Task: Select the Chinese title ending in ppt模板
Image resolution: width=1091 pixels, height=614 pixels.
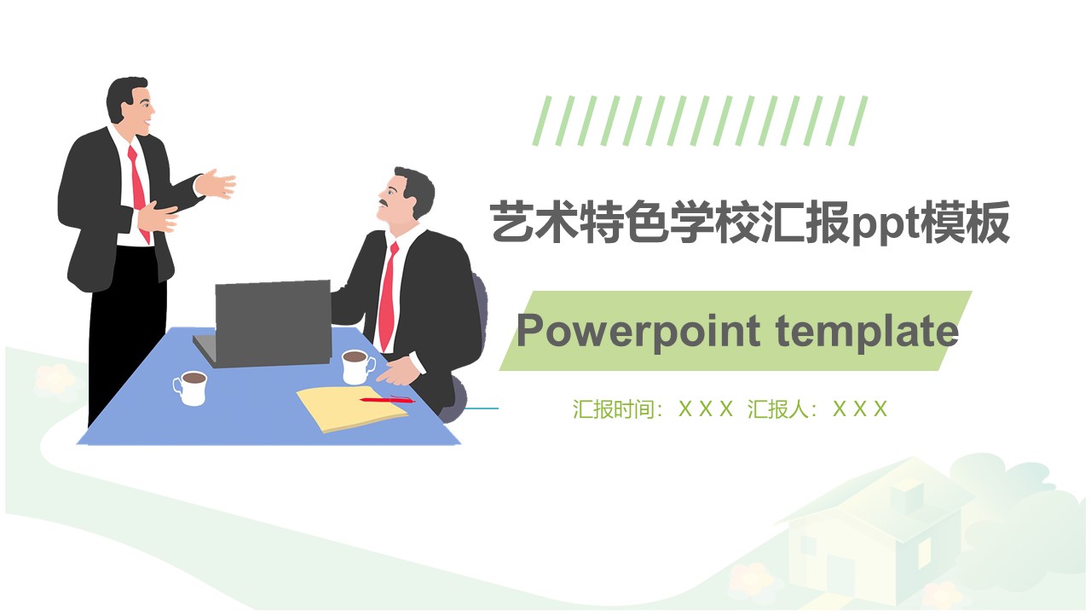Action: click(750, 223)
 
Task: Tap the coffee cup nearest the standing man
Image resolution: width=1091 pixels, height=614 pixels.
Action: click(191, 387)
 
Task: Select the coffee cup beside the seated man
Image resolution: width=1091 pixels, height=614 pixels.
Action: click(356, 367)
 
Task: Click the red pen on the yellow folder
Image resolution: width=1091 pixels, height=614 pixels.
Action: click(385, 399)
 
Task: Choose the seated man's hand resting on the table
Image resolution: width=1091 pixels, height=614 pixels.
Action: click(397, 373)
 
